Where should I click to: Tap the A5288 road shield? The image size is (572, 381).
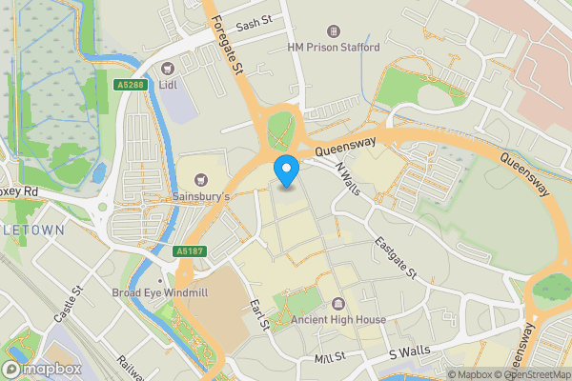coord(133,85)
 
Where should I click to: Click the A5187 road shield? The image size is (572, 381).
coord(189,251)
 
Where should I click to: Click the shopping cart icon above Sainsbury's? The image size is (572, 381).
coord(201,179)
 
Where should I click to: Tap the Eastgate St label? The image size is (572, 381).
coord(396,258)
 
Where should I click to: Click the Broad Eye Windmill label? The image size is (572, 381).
coord(159,292)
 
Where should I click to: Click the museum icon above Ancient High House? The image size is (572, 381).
coord(337,304)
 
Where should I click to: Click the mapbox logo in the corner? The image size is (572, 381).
coord(43,369)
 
